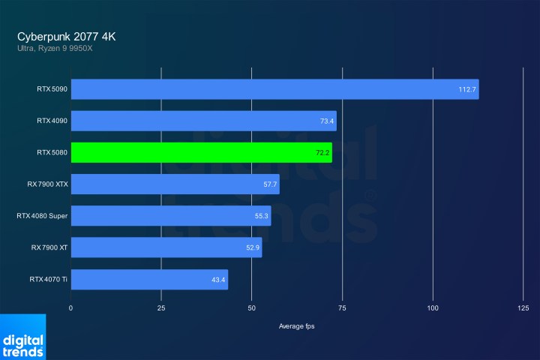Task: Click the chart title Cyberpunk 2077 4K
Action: click(67, 36)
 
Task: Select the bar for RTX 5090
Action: click(274, 89)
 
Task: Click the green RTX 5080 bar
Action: click(201, 152)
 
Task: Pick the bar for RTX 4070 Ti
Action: click(149, 279)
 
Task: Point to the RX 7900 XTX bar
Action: click(175, 184)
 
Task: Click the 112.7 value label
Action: click(467, 89)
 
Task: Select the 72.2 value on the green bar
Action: click(322, 152)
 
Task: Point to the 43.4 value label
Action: click(218, 279)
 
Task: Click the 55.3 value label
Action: click(261, 216)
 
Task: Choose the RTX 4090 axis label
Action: click(52, 120)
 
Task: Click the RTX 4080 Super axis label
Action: click(42, 216)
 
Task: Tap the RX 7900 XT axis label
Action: click(49, 247)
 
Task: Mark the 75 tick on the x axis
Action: click(342, 308)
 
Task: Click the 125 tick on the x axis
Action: click(523, 308)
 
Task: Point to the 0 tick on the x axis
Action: click(71, 308)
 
